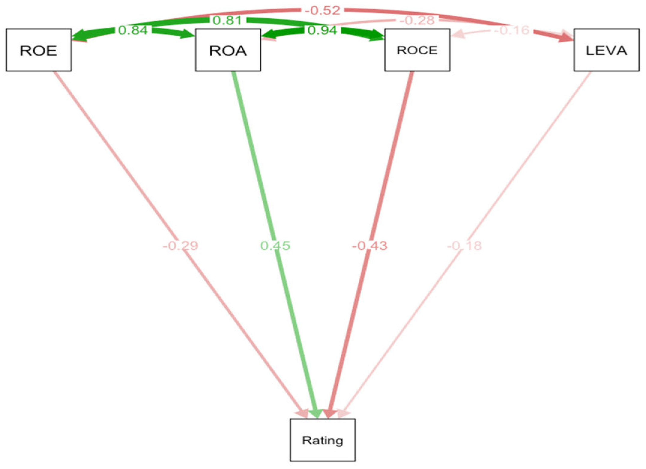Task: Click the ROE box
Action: click(x=38, y=50)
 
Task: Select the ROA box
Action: click(x=228, y=50)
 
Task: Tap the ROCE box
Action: click(x=417, y=50)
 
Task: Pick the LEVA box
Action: click(x=606, y=50)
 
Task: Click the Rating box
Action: click(x=322, y=440)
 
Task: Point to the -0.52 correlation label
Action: click(x=322, y=11)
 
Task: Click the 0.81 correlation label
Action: click(x=227, y=20)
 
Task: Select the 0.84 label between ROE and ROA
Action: click(x=133, y=30)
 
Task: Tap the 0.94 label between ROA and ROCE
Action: click(x=322, y=30)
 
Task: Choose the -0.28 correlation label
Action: click(x=417, y=20)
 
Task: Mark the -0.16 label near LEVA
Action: click(x=512, y=30)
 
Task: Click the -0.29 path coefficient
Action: click(x=180, y=246)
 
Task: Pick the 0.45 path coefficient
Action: click(x=275, y=246)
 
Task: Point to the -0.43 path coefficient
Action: click(x=370, y=246)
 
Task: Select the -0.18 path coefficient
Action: click(x=464, y=246)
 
